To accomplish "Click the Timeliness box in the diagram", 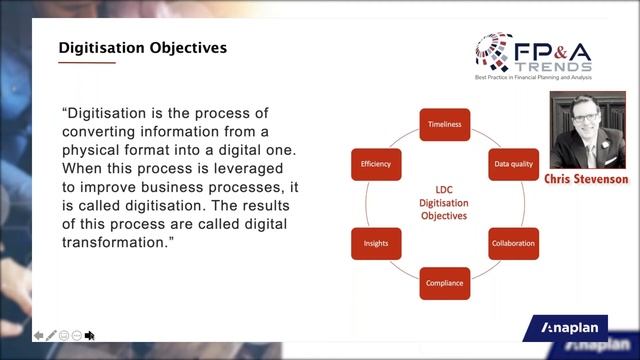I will coord(443,124).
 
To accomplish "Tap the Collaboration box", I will coord(512,243).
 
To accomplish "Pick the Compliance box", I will coord(443,283).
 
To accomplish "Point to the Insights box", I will coord(376,243).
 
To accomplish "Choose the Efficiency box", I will coord(376,163).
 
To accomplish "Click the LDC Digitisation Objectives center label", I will coord(443,202).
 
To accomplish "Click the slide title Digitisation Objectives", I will coord(142,47).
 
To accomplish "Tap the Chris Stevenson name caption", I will coord(586,179).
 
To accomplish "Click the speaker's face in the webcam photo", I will coord(586,126).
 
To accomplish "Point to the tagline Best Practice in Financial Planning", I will coord(548,77).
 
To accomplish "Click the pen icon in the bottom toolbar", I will coord(52,335).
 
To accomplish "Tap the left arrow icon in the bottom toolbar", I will coord(39,335).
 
